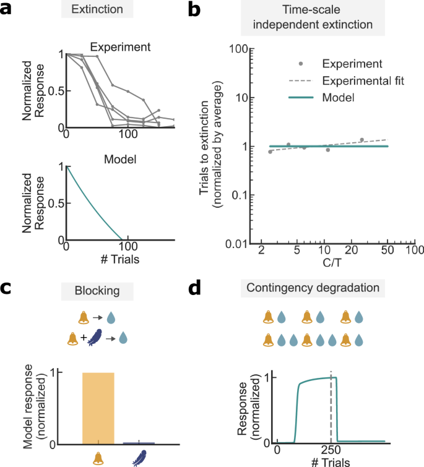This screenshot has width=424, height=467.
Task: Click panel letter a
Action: (7, 9)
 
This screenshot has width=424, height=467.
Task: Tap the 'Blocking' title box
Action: (97, 289)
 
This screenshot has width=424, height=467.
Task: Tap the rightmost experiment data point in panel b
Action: (362, 140)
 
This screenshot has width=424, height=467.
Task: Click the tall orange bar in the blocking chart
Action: (98, 408)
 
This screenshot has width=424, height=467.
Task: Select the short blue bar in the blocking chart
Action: (139, 443)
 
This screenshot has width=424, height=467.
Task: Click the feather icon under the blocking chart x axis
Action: (139, 458)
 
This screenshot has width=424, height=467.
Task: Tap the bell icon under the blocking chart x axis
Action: (98, 458)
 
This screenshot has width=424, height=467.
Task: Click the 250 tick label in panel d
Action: (331, 450)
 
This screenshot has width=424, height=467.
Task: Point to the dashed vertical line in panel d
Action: (331, 408)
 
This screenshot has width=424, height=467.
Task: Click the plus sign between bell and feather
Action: (84, 338)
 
